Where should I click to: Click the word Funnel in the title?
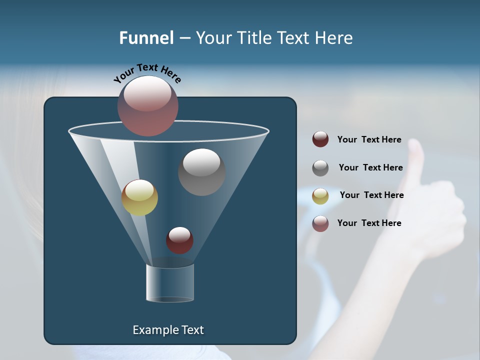coord(146,38)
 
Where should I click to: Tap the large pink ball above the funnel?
coord(148,105)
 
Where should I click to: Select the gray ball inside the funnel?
coord(201,171)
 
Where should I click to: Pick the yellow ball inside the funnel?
coord(140,197)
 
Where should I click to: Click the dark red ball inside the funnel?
coord(179,240)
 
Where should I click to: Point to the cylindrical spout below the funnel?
coord(170,283)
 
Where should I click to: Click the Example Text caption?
coord(168,330)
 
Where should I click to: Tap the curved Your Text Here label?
coord(147,73)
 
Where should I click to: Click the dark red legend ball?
coord(320,139)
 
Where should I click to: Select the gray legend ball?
coord(320,167)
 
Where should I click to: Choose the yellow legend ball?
coord(320,195)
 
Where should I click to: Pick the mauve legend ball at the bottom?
coord(320,223)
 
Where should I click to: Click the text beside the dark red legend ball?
coord(369,140)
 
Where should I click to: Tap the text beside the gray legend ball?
coord(370,168)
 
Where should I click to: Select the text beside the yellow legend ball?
coord(371,195)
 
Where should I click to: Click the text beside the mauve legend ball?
coord(369,223)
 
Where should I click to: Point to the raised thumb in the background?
coord(415,155)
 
